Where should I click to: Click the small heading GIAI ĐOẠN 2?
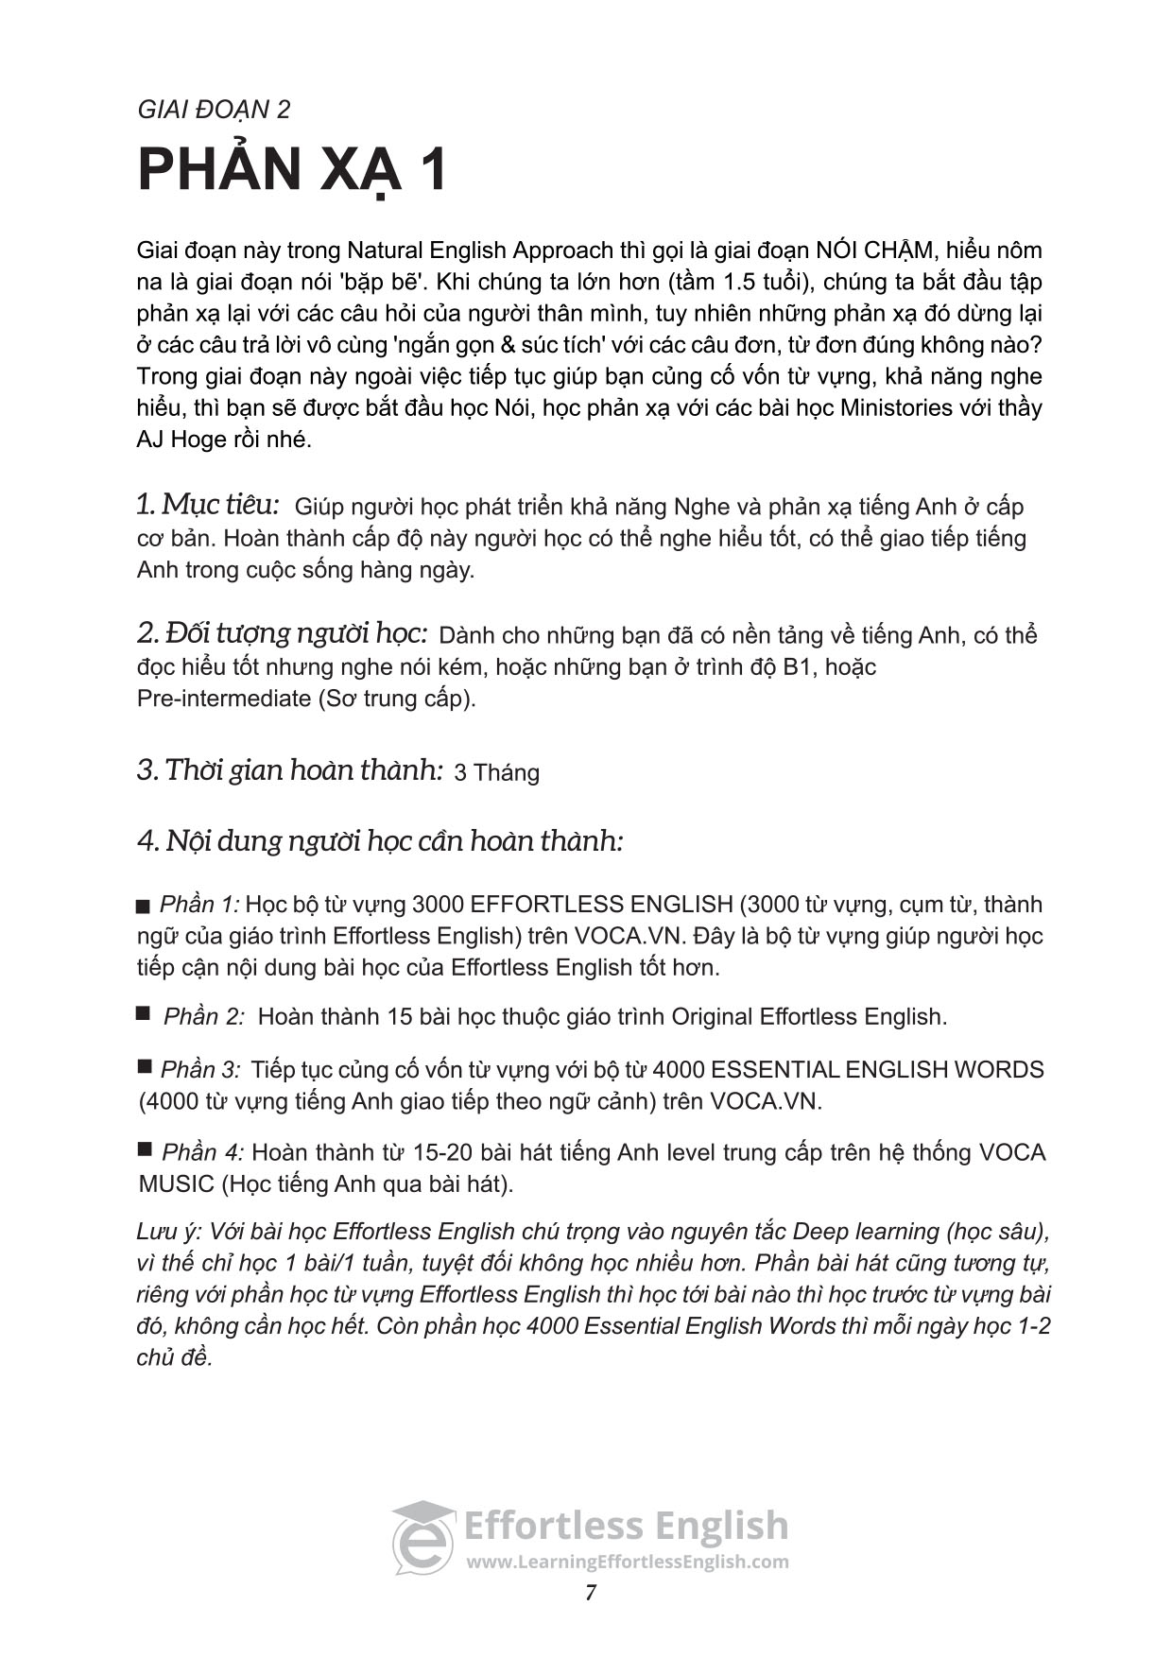(214, 110)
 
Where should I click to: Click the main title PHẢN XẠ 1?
(292, 170)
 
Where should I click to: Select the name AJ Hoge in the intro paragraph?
(181, 440)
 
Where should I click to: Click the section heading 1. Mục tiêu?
(208, 505)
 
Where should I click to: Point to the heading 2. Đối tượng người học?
(283, 633)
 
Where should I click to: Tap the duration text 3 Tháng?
(496, 773)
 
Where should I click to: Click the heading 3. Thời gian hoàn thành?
(290, 770)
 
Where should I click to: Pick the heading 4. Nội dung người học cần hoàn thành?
(380, 840)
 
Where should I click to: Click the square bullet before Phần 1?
(143, 907)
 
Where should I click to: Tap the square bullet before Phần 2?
(143, 1013)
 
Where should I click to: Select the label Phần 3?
(200, 1069)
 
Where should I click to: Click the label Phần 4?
(202, 1152)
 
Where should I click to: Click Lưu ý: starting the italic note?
(167, 1232)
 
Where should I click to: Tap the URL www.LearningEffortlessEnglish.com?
(627, 1562)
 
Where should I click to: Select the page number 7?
(591, 1593)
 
